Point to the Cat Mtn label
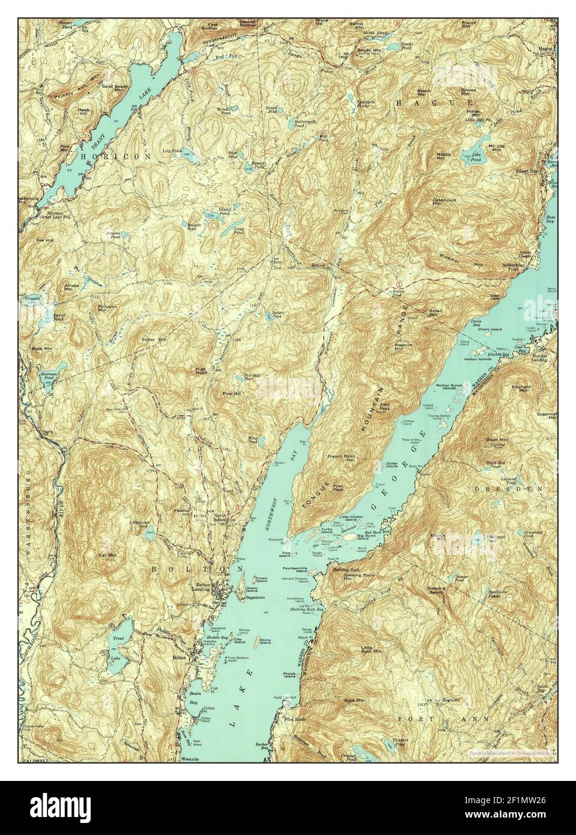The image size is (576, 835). coord(108,555)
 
